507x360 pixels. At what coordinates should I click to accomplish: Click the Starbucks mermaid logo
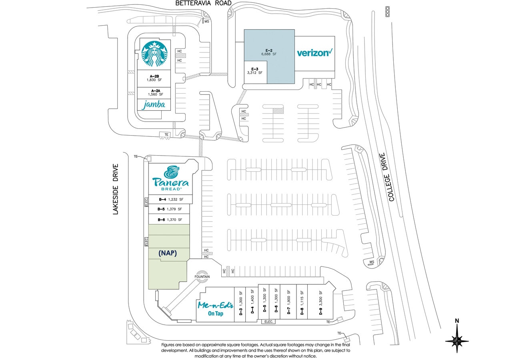coord(154,54)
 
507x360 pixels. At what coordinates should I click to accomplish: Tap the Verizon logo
coord(315,53)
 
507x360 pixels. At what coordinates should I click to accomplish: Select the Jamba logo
coord(154,105)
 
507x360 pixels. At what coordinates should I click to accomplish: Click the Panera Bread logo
coord(170,178)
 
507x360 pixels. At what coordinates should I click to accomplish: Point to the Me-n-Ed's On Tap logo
coord(215,309)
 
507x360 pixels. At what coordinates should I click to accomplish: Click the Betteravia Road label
coord(203,3)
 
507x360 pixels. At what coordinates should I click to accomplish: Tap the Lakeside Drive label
coord(116,189)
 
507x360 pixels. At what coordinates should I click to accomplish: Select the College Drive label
coord(389,177)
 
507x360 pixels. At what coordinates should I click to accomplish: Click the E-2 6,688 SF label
coord(269,52)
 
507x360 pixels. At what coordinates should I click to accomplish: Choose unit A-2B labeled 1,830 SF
coord(154,78)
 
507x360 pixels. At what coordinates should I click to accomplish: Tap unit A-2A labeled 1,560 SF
coord(154,93)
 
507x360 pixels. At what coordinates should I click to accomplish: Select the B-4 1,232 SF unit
coord(170,199)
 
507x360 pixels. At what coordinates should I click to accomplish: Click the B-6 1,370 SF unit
coord(169,220)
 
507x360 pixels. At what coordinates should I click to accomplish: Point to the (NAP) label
coord(168,253)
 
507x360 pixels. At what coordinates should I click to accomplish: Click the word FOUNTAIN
coord(202,277)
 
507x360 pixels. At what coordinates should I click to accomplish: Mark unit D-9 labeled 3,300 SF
coord(320,303)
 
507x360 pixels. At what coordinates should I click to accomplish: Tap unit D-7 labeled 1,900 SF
coord(289,302)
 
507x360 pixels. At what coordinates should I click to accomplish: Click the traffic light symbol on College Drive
coord(387,12)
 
